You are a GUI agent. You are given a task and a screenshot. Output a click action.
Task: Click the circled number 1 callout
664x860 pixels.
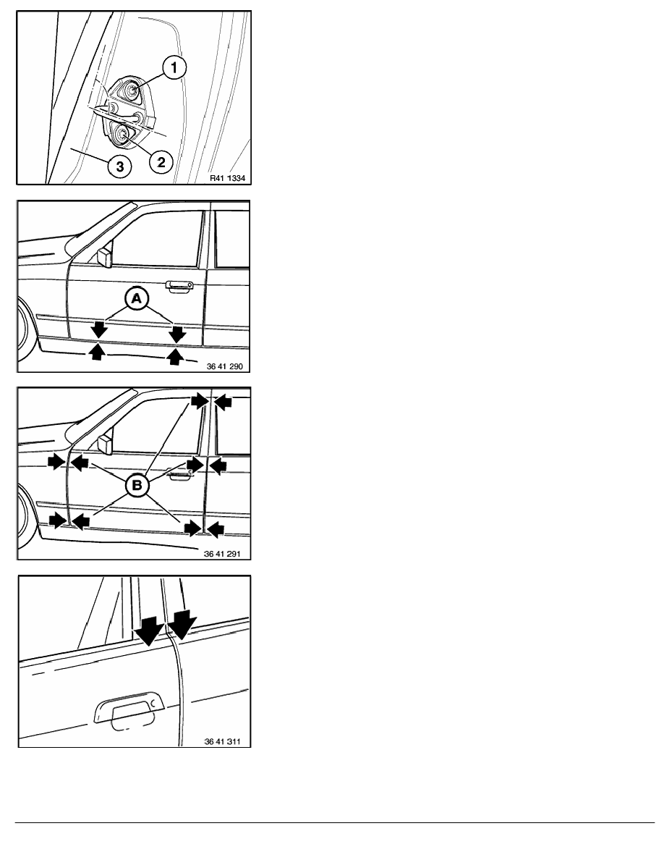174,68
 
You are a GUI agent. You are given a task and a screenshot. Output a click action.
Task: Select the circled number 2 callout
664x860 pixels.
161,162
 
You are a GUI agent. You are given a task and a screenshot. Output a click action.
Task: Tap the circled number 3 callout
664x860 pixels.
119,166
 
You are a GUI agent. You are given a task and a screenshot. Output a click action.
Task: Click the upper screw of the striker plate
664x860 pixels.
132,89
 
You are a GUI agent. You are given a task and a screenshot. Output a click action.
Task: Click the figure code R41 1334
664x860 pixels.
227,178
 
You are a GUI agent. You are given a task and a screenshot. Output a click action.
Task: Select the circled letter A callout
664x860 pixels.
137,298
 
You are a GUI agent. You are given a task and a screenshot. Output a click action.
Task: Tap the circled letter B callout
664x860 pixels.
137,485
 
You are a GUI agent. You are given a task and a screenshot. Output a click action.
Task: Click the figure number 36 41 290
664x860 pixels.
224,366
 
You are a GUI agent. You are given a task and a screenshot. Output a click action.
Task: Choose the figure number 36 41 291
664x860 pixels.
222,554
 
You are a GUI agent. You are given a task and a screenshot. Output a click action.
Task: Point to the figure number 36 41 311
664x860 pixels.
223,741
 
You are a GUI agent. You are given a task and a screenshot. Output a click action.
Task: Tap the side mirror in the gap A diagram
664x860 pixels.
103,257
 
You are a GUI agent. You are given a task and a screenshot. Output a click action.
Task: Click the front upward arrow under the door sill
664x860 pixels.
97,351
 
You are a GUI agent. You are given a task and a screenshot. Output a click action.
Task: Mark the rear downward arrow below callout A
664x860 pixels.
177,333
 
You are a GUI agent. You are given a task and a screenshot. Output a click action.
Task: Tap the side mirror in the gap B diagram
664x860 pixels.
103,444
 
